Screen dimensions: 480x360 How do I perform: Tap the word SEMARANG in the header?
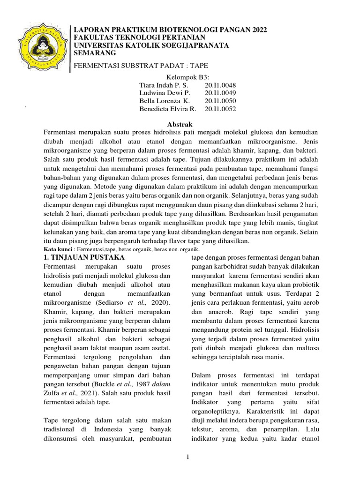point(95,53)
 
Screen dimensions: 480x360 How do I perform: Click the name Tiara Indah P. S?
point(163,86)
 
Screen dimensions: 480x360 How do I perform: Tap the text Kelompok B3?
point(187,77)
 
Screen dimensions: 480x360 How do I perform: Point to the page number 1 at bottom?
point(187,457)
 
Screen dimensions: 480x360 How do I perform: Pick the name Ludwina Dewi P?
point(163,93)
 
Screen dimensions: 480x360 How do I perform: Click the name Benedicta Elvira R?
point(168,109)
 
